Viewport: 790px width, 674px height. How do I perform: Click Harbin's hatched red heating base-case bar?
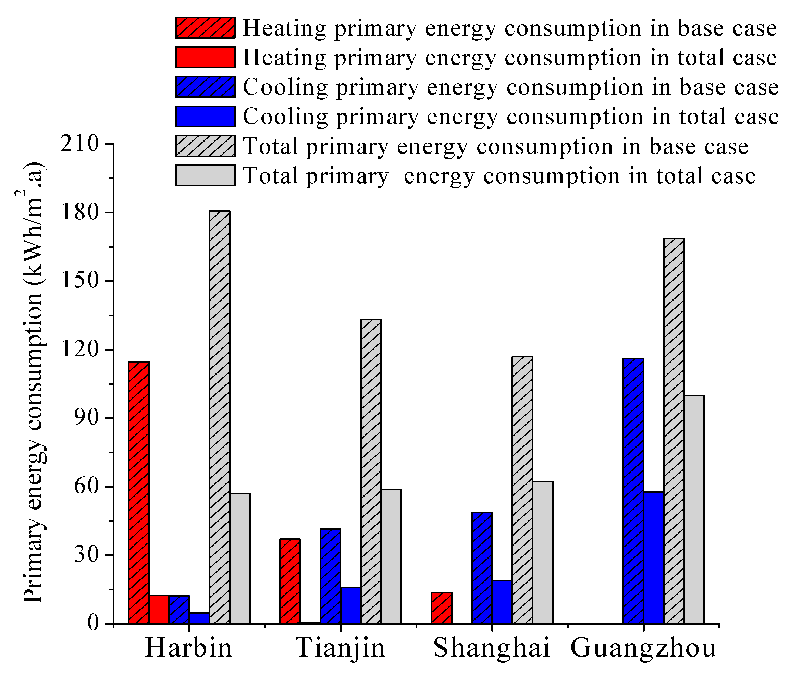pos(139,492)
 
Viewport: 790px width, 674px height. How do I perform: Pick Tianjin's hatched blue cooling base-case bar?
pos(331,576)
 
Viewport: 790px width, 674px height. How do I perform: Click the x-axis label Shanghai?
pos(492,648)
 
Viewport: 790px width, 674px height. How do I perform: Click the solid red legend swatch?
pos(205,57)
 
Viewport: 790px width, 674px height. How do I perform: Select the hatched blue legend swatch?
pos(205,87)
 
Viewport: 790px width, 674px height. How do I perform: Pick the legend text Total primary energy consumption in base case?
pos(496,146)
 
